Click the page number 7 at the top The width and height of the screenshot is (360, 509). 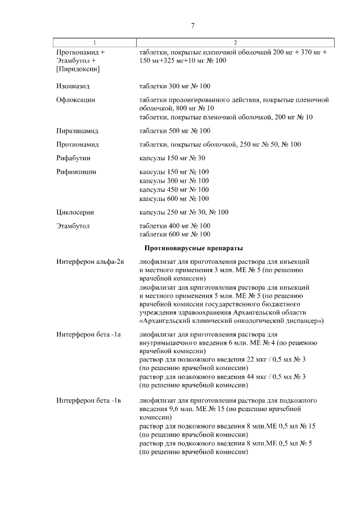click(x=192, y=26)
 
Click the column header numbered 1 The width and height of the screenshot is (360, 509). click(x=94, y=43)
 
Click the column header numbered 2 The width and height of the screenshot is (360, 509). click(x=235, y=43)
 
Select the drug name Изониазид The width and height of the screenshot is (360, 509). click(x=73, y=86)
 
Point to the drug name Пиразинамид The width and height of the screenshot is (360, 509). click(x=77, y=131)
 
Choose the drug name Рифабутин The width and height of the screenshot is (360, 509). click(x=73, y=158)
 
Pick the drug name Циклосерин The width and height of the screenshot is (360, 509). click(x=75, y=212)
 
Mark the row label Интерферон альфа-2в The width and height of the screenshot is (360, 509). click(x=90, y=262)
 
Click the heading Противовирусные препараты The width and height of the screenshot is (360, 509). click(x=193, y=248)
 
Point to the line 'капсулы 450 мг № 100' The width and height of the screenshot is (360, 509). click(x=174, y=190)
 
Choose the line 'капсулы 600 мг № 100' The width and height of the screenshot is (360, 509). click(x=174, y=199)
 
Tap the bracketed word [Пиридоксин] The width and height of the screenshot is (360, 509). click(x=78, y=69)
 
